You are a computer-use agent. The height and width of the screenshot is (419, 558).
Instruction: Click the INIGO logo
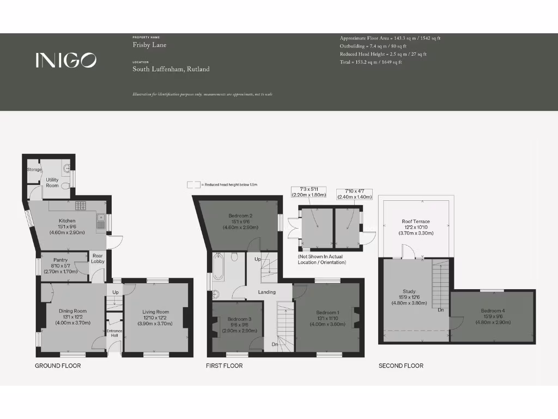pyautogui.click(x=66, y=60)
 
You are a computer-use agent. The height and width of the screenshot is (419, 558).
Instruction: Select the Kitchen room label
pyautogui.click(x=67, y=221)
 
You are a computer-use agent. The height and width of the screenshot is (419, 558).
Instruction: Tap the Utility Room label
pyautogui.click(x=52, y=182)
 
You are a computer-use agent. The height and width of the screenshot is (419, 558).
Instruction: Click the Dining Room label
pyautogui.click(x=72, y=311)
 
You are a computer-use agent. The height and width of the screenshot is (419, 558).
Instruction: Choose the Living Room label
pyautogui.click(x=156, y=312)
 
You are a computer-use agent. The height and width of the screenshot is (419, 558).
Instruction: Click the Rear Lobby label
pyautogui.click(x=98, y=259)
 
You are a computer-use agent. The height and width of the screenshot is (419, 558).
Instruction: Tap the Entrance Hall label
pyautogui.click(x=115, y=333)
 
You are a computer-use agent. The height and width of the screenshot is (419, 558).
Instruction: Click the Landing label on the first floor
pyautogui.click(x=266, y=292)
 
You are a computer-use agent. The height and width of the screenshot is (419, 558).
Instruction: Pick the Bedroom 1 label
pyautogui.click(x=327, y=313)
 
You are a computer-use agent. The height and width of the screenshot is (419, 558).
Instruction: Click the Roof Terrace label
pyautogui.click(x=416, y=222)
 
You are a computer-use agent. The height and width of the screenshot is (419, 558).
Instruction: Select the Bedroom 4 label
pyautogui.click(x=492, y=310)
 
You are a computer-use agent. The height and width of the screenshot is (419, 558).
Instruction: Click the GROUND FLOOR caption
pyautogui.click(x=58, y=366)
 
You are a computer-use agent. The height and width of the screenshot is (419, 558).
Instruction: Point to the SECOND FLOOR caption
pyautogui.click(x=401, y=366)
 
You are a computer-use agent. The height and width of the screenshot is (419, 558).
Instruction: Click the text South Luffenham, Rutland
pyautogui.click(x=171, y=69)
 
